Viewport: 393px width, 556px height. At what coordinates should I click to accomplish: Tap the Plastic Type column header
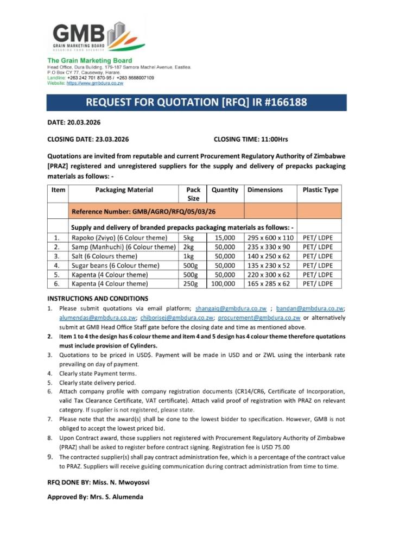point(320,190)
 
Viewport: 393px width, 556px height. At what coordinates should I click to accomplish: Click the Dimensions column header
point(265,190)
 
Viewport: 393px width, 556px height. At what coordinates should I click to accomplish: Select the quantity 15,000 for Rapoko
point(225,238)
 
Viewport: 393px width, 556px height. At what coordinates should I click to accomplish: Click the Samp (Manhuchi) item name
point(124,247)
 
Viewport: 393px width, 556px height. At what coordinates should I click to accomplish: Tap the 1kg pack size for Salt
point(189,256)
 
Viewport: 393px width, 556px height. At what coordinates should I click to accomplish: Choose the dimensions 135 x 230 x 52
point(269,266)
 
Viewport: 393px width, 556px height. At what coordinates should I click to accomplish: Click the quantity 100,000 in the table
point(223,284)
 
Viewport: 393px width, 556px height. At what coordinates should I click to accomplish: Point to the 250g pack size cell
point(188,284)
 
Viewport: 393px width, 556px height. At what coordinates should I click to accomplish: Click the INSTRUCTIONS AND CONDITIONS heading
point(97,299)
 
